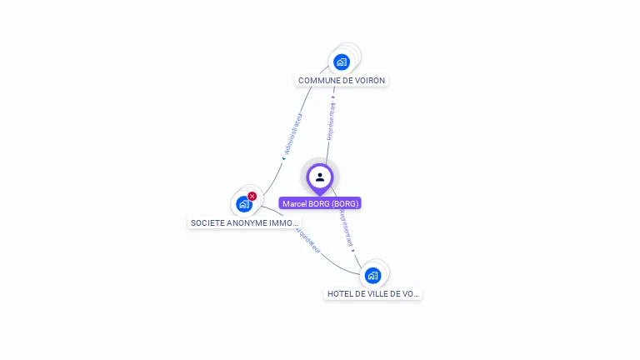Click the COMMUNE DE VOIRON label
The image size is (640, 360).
(342, 81)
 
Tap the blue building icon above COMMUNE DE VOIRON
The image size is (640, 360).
(342, 62)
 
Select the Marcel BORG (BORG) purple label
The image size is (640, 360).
(320, 203)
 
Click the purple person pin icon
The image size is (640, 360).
(320, 177)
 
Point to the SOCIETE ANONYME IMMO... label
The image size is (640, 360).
(244, 223)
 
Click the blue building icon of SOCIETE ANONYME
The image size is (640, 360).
(243, 203)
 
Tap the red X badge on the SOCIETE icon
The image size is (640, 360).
(252, 196)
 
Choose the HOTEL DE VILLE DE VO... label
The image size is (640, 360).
(373, 294)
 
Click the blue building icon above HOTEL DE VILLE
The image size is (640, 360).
(372, 275)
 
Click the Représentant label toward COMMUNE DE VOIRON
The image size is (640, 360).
(332, 122)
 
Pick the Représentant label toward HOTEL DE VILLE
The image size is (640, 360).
(346, 227)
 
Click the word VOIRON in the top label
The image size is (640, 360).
(370, 81)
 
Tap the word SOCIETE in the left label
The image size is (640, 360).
(206, 223)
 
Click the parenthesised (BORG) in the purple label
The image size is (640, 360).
(344, 203)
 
